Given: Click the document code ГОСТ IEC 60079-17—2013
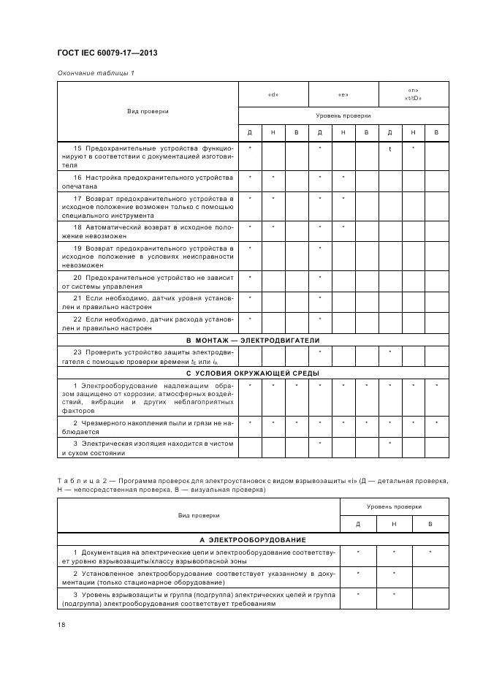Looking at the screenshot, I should tap(107, 53).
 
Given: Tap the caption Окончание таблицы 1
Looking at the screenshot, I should tap(95, 73).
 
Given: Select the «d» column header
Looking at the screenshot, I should tap(273, 94).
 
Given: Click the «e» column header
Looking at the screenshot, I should tap(343, 94).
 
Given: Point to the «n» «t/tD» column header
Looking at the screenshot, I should tap(413, 94).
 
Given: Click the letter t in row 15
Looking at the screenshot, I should tap(389, 148).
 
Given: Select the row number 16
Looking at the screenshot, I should tap(77, 178).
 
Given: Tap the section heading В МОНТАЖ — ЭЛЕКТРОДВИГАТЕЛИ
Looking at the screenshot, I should tap(253, 340).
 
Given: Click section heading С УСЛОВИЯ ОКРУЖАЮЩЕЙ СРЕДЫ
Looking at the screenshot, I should tap(253, 373).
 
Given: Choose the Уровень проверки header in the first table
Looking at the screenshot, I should tap(343, 115).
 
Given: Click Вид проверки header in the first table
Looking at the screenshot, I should tap(148, 111).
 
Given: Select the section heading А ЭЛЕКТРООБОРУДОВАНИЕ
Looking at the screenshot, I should tap(253, 538).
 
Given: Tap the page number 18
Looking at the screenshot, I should tap(61, 625).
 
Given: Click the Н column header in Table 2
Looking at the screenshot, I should tap(393, 524).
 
